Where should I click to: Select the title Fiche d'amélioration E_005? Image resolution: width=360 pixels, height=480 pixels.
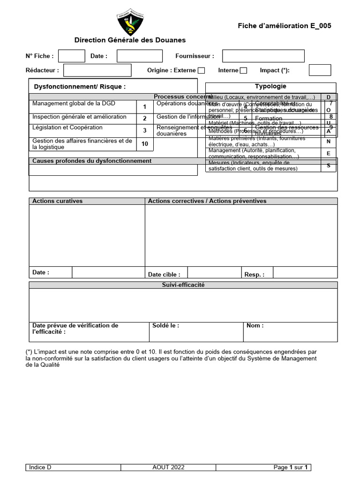[284, 26]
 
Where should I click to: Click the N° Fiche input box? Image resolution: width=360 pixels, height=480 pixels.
[72, 56]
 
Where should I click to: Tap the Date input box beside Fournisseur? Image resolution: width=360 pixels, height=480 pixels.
[139, 56]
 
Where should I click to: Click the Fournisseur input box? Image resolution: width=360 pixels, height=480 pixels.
[263, 56]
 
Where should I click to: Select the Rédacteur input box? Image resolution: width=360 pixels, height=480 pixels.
[97, 70]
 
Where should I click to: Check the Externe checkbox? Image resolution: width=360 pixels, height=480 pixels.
[201, 71]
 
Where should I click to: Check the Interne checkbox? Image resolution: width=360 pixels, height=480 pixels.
[243, 71]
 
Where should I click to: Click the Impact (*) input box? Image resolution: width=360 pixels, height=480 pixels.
[320, 70]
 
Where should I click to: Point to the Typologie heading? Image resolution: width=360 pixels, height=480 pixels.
[270, 86]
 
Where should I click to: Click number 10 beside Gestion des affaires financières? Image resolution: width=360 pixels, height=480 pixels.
[145, 144]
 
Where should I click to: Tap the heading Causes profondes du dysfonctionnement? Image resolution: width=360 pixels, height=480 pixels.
[92, 161]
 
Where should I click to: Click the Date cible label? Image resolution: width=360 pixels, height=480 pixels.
[164, 275]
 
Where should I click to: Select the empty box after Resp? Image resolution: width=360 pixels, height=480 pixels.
[305, 272]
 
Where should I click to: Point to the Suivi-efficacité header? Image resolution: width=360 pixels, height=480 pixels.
[183, 285]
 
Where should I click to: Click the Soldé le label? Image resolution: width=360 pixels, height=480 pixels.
[165, 325]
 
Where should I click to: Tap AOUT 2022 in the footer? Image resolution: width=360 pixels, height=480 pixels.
[168, 467]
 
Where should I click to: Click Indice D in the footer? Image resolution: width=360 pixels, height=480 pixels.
[40, 467]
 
